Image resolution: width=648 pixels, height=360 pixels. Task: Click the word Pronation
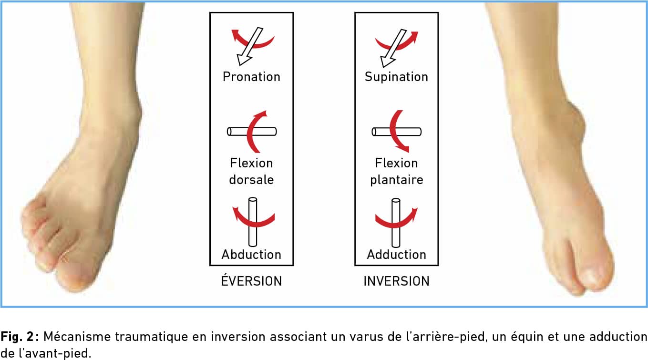coord(251,77)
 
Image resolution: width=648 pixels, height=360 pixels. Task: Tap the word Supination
coord(396,77)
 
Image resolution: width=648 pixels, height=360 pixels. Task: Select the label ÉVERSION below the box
coord(251,281)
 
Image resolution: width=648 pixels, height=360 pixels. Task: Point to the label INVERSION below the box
coord(396,281)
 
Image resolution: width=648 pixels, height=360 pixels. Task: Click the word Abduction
coord(251,254)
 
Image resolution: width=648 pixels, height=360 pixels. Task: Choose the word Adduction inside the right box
coord(396,254)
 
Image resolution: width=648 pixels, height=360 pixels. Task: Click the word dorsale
coord(251,180)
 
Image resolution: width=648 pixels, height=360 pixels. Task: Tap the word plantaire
coord(397,180)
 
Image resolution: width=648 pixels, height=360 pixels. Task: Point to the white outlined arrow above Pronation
coord(250,46)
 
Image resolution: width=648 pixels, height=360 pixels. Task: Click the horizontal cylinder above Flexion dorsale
coord(252,132)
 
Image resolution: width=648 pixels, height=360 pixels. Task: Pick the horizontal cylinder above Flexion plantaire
coord(396,132)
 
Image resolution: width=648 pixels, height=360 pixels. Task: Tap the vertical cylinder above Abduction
coord(253,222)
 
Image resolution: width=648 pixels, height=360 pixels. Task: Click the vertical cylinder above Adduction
coord(396,223)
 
